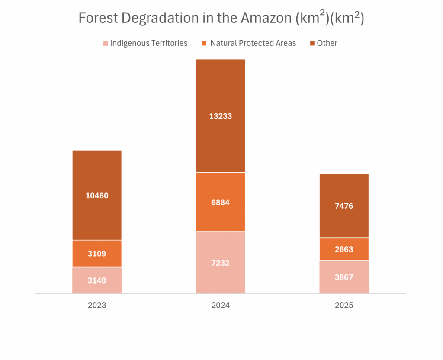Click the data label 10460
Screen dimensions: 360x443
97,195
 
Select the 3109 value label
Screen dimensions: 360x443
97,254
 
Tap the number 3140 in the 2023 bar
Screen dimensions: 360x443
97,280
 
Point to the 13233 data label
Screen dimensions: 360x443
221,116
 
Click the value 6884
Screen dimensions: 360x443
221,202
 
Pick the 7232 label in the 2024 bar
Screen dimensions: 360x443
221,263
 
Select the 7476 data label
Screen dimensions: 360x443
344,206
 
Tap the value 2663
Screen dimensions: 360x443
344,249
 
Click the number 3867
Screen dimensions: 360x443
344,277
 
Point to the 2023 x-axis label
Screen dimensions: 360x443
97,305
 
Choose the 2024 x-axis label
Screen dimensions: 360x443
221,305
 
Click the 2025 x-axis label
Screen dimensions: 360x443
344,305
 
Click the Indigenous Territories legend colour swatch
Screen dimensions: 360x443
105,43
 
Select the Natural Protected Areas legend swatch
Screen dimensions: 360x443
204,43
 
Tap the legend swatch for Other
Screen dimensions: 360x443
312,43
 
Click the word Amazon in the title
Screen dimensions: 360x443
265,19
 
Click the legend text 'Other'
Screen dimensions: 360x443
327,43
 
